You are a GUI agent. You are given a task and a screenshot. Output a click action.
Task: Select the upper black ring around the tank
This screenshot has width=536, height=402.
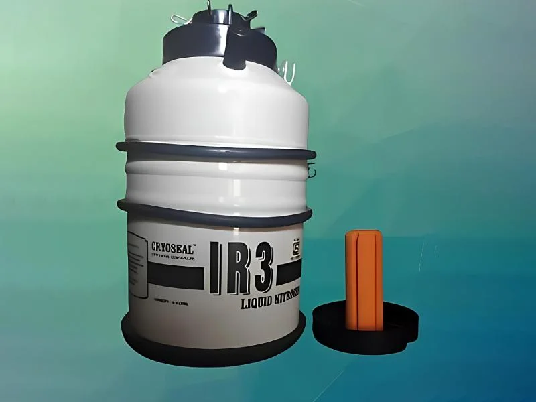pyautogui.click(x=214, y=151)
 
